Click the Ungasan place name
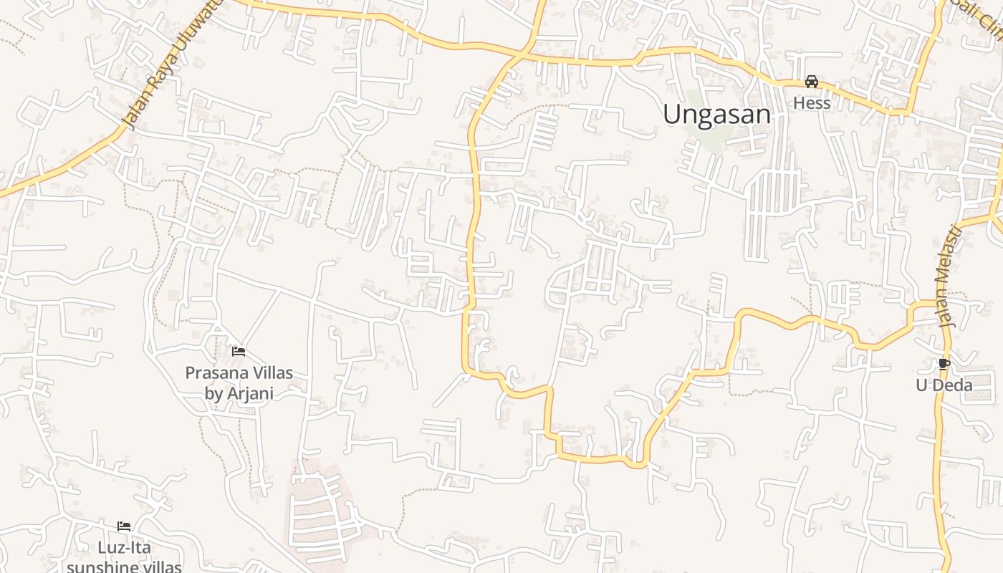click(716, 114)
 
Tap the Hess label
click(811, 103)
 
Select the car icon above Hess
click(811, 82)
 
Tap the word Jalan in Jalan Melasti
click(946, 310)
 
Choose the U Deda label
click(944, 385)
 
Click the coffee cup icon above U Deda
click(944, 364)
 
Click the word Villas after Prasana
click(269, 372)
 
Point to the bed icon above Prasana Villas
click(239, 351)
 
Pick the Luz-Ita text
click(125, 548)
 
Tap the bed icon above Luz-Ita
click(124, 526)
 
